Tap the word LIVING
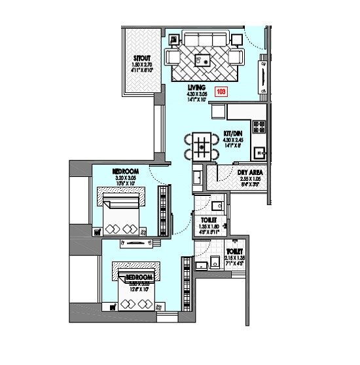pos(196,87)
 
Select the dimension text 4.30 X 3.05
pos(196,94)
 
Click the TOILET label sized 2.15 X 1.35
pos(234,252)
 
